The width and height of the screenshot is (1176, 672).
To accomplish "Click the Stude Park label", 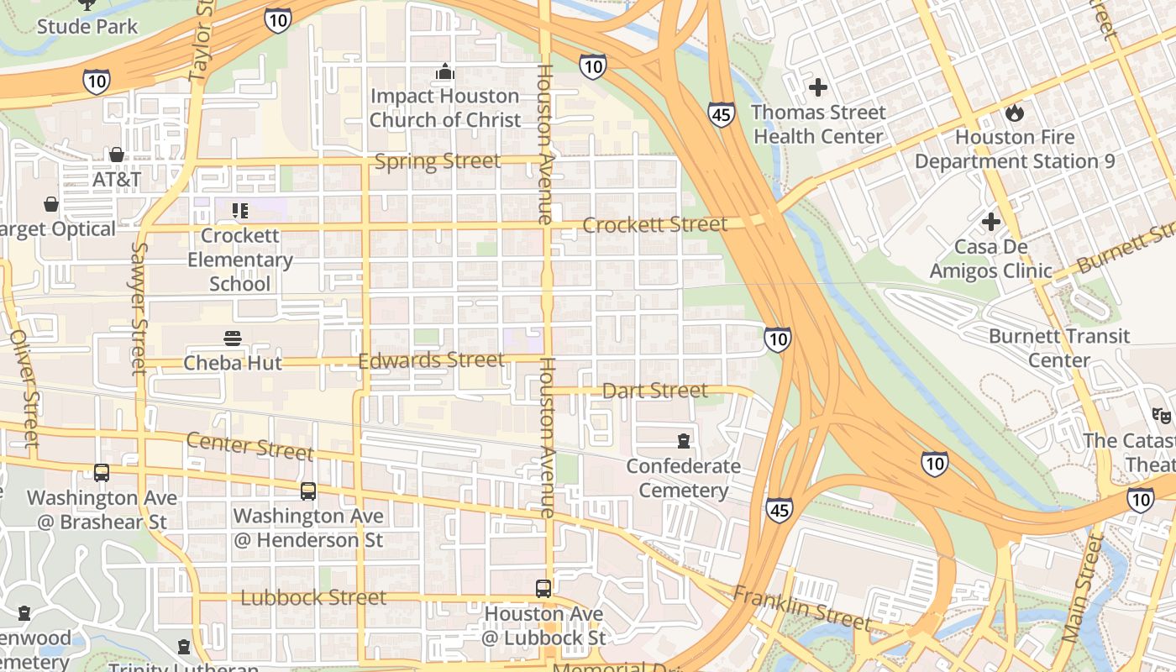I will click(87, 26).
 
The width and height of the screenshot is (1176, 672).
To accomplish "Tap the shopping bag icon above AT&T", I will click(117, 155).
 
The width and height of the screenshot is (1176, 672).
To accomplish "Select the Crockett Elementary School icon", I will click(240, 210).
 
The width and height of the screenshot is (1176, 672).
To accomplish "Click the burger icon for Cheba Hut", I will click(233, 339).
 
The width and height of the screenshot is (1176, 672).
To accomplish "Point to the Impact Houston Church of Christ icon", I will click(445, 72).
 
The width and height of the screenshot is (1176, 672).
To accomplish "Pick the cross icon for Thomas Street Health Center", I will click(817, 87).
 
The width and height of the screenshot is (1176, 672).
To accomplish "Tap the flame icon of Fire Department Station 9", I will click(1015, 112).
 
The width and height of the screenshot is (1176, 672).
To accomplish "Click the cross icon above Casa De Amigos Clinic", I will click(991, 222).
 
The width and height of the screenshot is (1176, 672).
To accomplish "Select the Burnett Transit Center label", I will click(1058, 348).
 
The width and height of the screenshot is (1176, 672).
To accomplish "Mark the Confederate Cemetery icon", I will click(684, 441).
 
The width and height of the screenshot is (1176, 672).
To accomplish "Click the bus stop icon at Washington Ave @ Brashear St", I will click(102, 473).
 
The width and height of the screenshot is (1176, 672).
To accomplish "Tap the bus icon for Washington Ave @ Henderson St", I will click(308, 491).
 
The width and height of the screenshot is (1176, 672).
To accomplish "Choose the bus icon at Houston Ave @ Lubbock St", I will click(543, 589).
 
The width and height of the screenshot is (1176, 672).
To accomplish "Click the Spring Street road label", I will click(437, 160).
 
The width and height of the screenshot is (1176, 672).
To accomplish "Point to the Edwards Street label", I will click(431, 360).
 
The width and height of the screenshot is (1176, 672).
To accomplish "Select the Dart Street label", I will click(655, 391).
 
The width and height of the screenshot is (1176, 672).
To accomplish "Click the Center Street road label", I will click(249, 445).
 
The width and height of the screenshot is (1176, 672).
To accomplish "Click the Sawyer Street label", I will click(139, 308).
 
